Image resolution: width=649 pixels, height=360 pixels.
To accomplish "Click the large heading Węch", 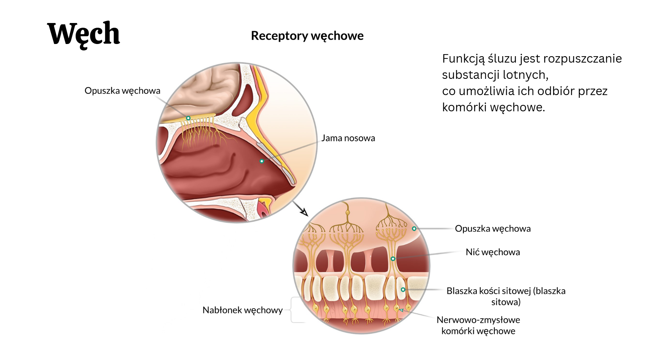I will (84, 34).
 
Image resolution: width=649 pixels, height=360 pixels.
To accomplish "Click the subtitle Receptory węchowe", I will (307, 36).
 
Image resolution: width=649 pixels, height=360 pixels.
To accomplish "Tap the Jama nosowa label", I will (348, 138).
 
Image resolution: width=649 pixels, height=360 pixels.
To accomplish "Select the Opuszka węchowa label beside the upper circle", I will (122, 91).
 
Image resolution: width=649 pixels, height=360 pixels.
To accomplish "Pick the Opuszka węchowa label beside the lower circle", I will (492, 229).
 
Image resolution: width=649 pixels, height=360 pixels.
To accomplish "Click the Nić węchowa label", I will (492, 252).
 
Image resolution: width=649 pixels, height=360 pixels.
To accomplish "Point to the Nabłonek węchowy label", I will (242, 310).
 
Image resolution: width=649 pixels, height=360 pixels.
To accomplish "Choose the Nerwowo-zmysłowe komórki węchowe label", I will (478, 325).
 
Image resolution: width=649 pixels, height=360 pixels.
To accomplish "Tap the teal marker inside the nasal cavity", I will (261, 161).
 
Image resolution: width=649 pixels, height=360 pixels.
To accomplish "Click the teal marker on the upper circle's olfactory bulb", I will (188, 118).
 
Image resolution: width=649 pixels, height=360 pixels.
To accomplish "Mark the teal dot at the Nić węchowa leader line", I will (393, 259).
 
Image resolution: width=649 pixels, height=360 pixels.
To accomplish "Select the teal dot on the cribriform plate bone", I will (403, 290).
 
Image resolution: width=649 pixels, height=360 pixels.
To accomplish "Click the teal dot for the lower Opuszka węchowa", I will (414, 229).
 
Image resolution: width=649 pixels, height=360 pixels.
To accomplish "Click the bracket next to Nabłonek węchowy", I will (292, 310).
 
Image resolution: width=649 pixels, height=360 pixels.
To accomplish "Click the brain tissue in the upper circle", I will (203, 88).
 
